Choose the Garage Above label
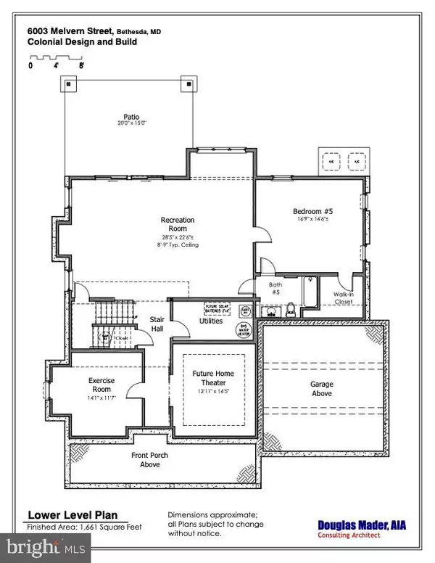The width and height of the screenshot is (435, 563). point(321,389)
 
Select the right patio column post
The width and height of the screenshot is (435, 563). point(191,84)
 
